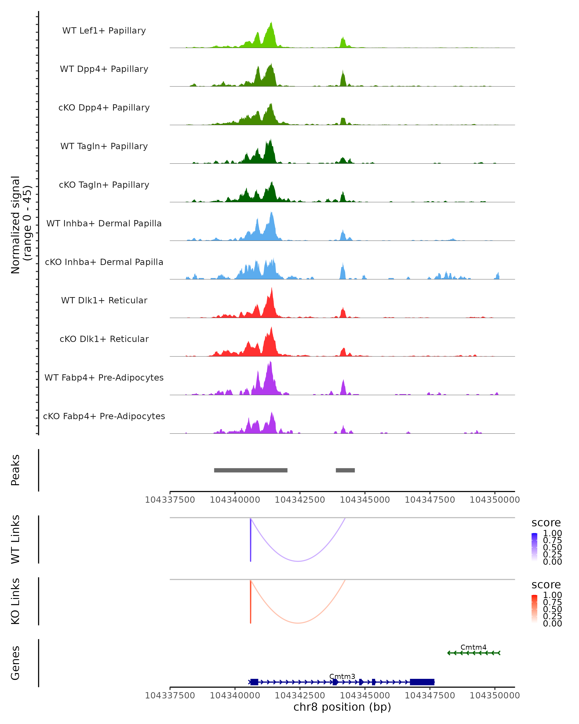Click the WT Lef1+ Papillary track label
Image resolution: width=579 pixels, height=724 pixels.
[x=104, y=31]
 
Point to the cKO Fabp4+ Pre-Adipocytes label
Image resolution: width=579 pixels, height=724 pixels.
[x=104, y=416]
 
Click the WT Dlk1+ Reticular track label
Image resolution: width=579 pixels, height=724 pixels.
[x=104, y=300]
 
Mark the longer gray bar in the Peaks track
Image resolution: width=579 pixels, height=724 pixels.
[x=251, y=470]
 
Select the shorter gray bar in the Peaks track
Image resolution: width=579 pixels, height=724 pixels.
[x=345, y=470]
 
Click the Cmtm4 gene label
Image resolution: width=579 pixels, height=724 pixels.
[x=473, y=647]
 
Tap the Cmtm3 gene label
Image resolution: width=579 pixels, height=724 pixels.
[x=342, y=676]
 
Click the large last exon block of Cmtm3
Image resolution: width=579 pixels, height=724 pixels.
[x=422, y=682]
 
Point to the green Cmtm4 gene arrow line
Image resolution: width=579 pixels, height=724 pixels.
[x=474, y=653]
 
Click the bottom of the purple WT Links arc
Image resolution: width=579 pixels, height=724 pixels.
[x=298, y=561]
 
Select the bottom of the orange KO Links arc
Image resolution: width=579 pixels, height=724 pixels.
[x=298, y=623]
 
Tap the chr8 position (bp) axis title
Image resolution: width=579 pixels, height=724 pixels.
[x=342, y=707]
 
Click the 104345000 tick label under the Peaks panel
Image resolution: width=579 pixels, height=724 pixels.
[x=365, y=500]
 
